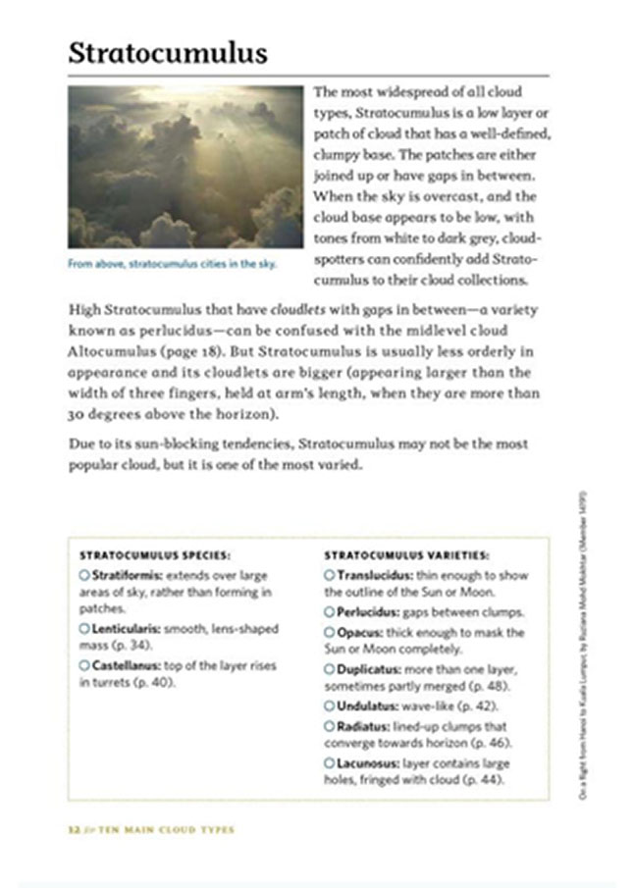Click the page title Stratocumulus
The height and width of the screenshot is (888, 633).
coord(168,53)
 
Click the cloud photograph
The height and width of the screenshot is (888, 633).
coord(185,167)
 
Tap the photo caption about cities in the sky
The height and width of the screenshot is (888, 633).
coord(172,264)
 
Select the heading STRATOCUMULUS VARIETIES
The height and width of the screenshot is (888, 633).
coord(406,555)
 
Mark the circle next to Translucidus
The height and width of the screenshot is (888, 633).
coord(330,575)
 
